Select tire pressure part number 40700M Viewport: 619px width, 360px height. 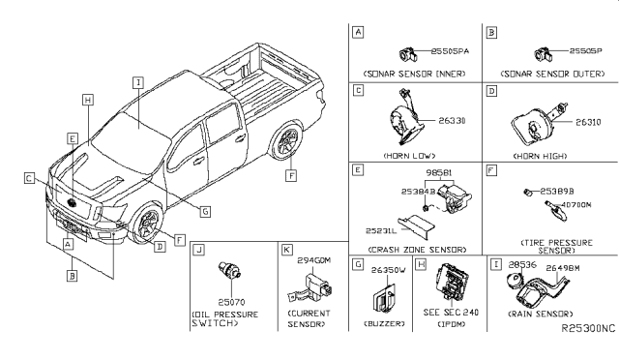(x=576, y=204)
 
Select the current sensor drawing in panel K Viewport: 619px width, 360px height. (x=310, y=286)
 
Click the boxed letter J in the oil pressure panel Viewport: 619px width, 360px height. (x=198, y=249)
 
